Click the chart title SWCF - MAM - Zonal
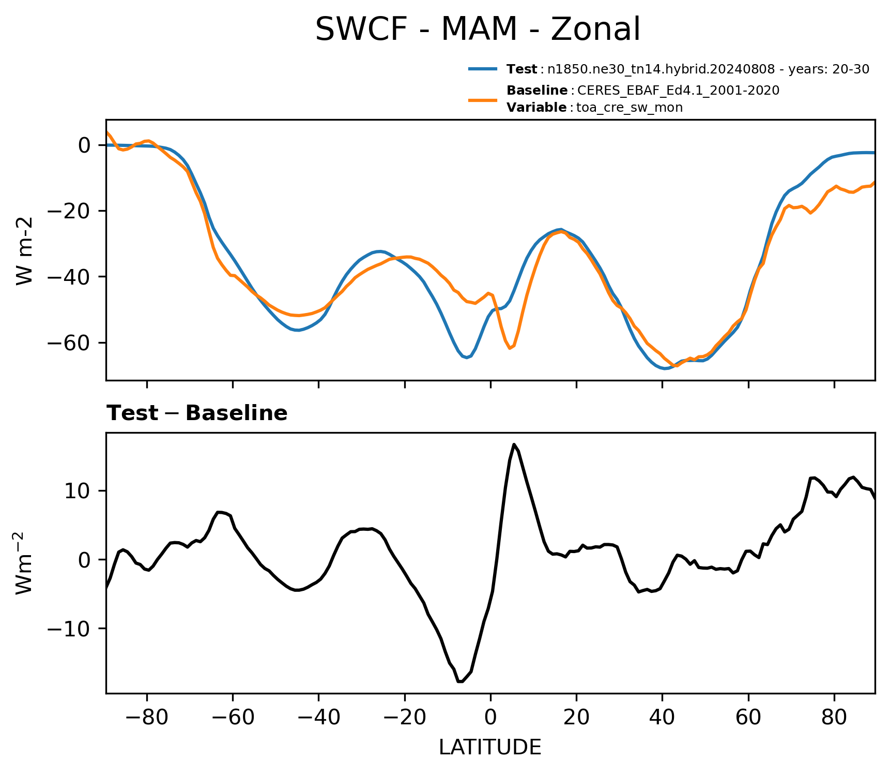pyautogui.click(x=478, y=29)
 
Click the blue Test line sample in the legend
pyautogui.click(x=483, y=69)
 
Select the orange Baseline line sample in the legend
pyautogui.click(x=483, y=99)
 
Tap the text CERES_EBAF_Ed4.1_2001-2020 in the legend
pyautogui.click(x=678, y=91)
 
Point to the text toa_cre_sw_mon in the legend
pyautogui.click(x=630, y=108)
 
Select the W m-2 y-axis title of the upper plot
pyautogui.click(x=24, y=250)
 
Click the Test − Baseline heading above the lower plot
pyautogui.click(x=197, y=413)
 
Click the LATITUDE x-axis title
pyautogui.click(x=490, y=747)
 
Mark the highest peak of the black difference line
pyautogui.click(x=514, y=444)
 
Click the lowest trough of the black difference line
pyautogui.click(x=460, y=682)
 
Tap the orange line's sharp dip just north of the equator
pyautogui.click(x=510, y=348)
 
